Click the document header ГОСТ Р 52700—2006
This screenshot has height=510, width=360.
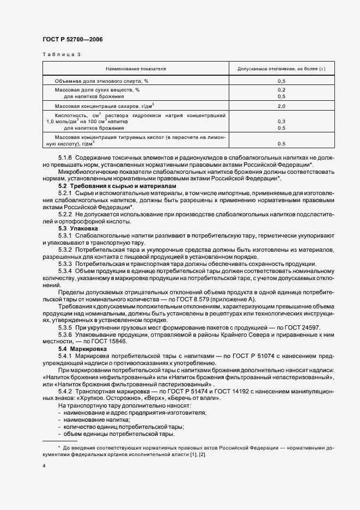point(72,40)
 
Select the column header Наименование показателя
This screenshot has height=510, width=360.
point(136,69)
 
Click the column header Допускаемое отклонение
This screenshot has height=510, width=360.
point(282,69)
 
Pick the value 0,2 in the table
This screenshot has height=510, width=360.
point(282,89)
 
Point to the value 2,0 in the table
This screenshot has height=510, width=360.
point(282,106)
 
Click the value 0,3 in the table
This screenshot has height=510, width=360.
point(282,122)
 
